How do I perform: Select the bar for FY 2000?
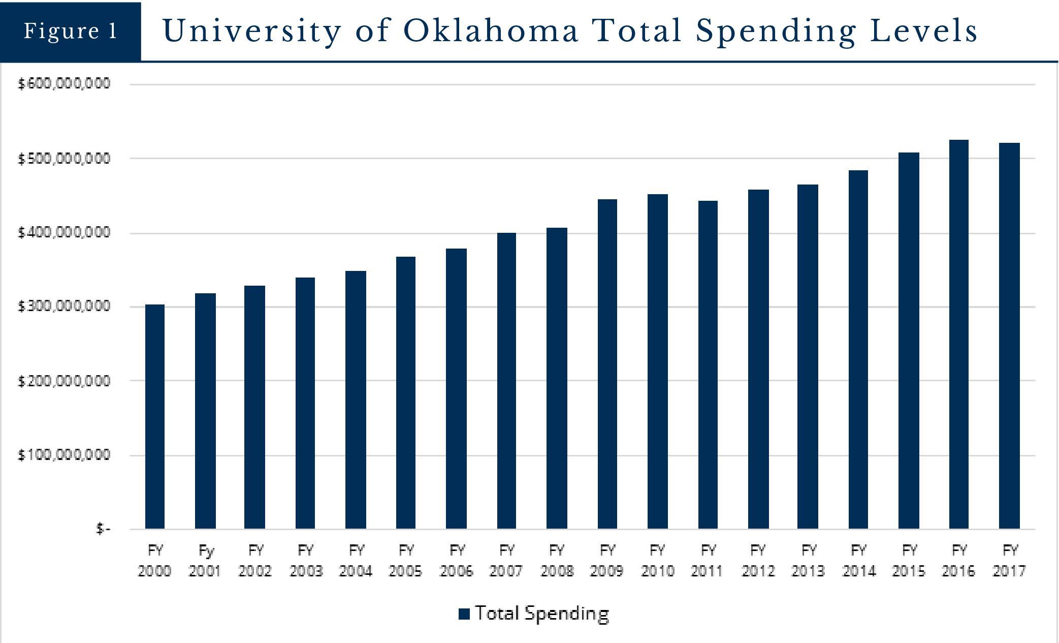155,417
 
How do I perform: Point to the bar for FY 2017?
1009,336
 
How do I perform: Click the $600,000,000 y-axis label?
64,84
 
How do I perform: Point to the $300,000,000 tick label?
64,307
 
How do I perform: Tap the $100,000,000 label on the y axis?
64,455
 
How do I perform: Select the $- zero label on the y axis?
103,529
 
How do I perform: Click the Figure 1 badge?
71,32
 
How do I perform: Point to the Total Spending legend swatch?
464,614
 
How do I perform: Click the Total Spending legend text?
542,614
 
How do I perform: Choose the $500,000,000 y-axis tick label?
64,159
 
